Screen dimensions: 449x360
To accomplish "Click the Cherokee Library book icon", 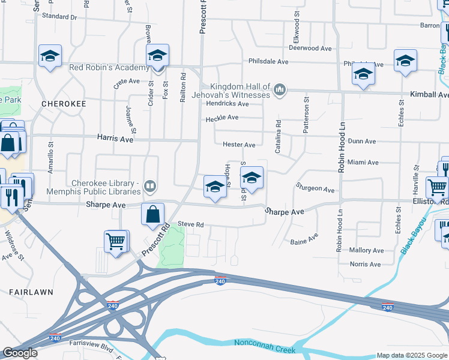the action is coord(150,188).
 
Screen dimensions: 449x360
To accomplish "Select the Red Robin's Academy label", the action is coord(108,67).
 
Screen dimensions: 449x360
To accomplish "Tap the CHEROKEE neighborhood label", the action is coord(64,104).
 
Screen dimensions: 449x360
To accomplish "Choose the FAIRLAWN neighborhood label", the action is coord(31,292).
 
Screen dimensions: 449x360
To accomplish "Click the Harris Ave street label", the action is coord(116,139).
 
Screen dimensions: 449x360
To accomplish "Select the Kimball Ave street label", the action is coord(429,95).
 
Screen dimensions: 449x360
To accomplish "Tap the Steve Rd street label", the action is coord(191,224).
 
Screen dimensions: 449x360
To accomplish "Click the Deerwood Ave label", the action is coord(310,48).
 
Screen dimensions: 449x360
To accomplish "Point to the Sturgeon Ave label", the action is coord(315,190).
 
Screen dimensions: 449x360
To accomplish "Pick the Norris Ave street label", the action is coord(365,264).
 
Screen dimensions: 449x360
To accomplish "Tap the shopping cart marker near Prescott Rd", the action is coord(116,242).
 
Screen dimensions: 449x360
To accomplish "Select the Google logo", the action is coord(20,353).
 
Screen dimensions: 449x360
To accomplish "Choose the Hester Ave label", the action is coord(239,145).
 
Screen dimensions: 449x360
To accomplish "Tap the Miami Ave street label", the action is coord(363,163).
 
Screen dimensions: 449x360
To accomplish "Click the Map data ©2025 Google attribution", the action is coord(412,355).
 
